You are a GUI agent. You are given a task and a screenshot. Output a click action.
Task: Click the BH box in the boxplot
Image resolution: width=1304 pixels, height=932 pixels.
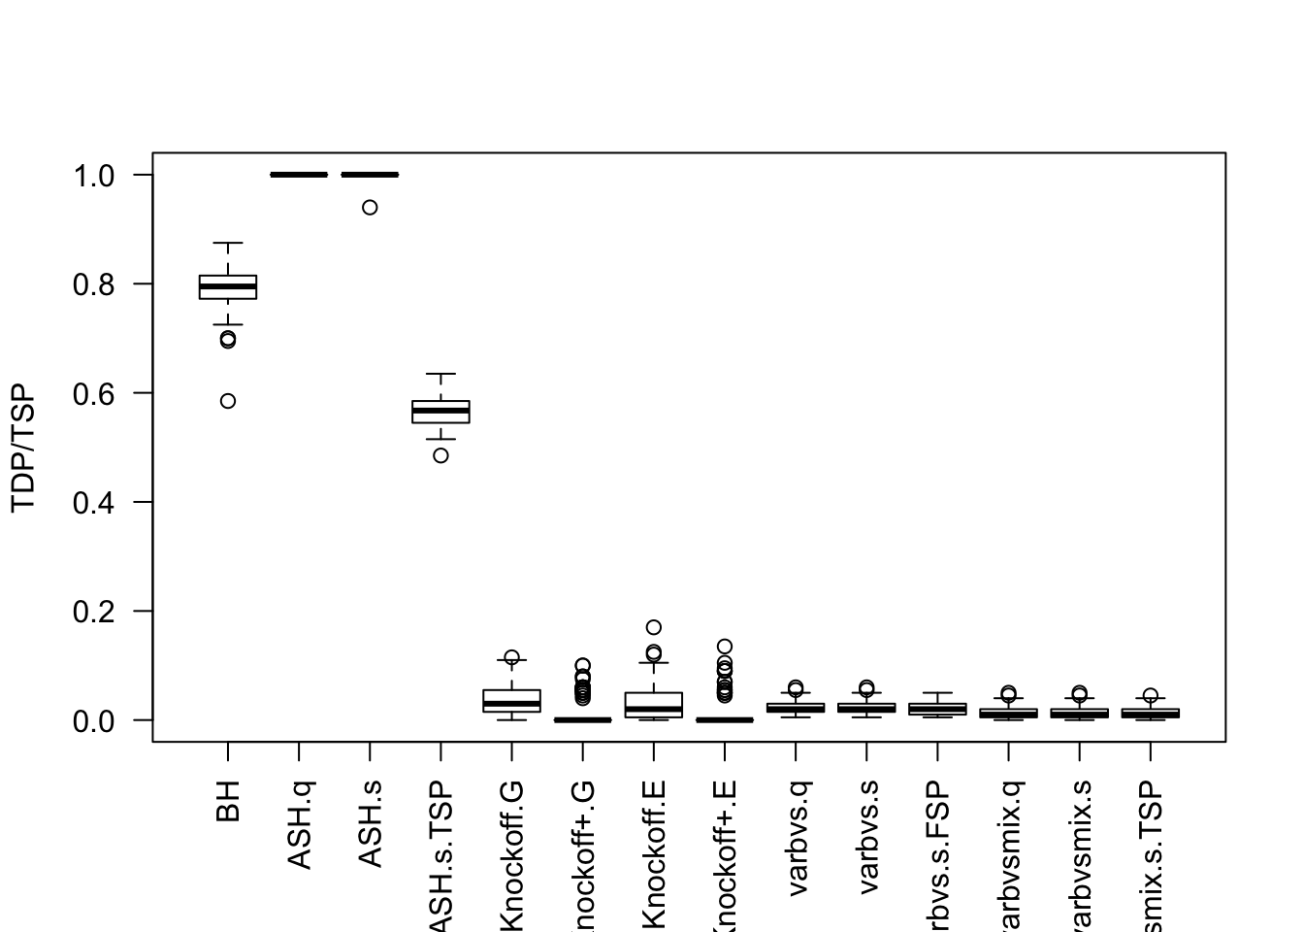coord(228,287)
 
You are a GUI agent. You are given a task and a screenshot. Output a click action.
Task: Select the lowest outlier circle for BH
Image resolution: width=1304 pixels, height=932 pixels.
coord(228,401)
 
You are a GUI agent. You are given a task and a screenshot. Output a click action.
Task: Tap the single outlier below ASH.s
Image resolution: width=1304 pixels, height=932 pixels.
coord(370,207)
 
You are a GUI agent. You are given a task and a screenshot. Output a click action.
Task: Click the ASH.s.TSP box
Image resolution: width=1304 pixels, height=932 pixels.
coord(440,412)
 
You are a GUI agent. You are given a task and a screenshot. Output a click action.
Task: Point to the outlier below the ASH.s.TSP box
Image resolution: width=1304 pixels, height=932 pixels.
coord(440,455)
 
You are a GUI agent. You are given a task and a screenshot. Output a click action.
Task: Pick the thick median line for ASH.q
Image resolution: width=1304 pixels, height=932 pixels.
coord(299,175)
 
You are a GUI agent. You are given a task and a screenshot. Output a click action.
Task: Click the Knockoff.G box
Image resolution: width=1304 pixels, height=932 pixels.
coord(511,701)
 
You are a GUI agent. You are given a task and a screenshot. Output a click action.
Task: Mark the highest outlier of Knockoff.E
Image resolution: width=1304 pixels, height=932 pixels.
coord(654,627)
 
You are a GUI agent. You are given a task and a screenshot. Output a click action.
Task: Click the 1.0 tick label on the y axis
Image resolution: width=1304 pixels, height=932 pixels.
coord(94,176)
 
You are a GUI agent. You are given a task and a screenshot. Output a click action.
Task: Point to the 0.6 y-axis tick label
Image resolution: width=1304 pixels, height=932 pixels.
coord(94,393)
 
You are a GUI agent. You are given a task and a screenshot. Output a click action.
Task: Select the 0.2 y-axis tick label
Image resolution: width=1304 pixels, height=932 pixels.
coord(94,612)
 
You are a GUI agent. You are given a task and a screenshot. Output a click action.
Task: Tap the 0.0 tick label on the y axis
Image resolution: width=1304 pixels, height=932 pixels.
coord(94,720)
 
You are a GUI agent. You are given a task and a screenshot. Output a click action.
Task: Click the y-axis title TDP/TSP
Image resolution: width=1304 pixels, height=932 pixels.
coord(23,448)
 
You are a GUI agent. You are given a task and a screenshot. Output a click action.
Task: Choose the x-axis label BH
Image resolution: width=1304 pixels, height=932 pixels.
coord(228,803)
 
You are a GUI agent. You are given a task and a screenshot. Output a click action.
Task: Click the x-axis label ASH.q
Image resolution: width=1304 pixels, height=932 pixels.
coord(299,826)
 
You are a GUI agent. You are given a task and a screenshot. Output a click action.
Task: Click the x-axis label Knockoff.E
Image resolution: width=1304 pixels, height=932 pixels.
coord(654,854)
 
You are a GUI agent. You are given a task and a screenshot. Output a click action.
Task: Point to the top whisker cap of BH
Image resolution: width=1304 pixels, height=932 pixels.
coord(228,243)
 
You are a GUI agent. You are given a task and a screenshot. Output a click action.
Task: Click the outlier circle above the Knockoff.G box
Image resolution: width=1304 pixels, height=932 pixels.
coord(511,657)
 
